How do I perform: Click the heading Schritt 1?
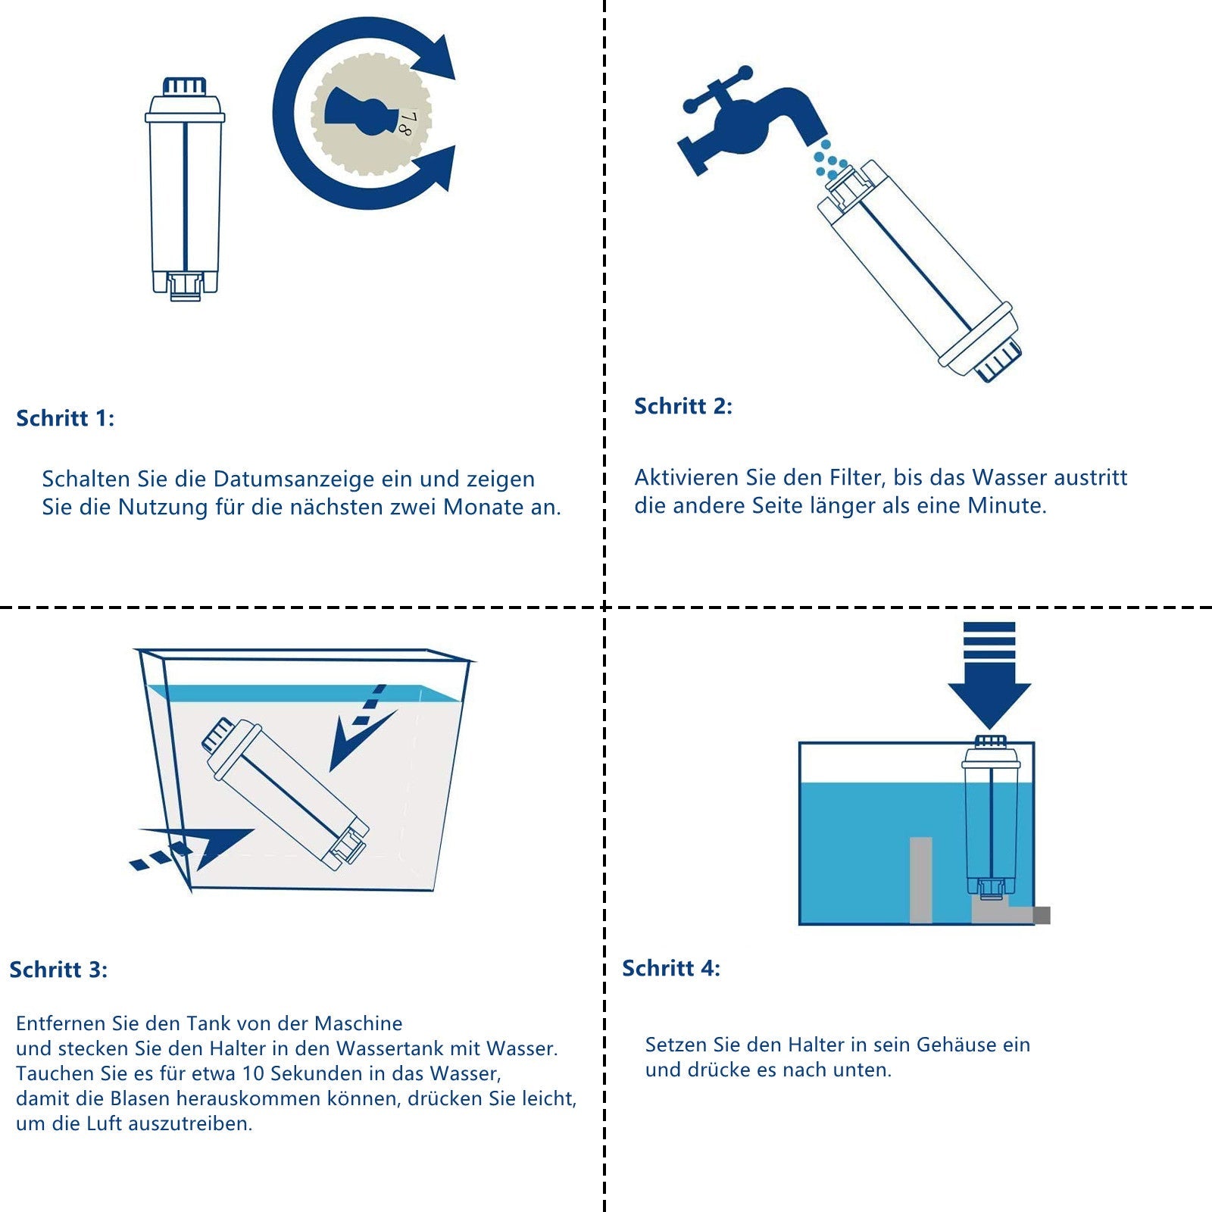pos(65,419)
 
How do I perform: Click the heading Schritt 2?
pos(683,407)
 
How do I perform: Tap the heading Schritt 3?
pos(58,970)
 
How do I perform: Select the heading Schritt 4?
pos(670,969)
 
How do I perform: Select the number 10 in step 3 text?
pos(252,1074)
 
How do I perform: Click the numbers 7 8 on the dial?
pos(407,123)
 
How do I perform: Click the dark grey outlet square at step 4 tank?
pos(1042,915)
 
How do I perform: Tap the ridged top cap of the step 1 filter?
pos(185,85)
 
